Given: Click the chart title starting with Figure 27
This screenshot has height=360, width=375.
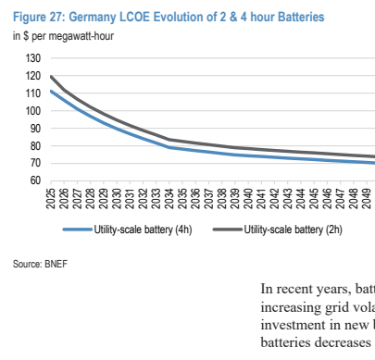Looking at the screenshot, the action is point(169,17).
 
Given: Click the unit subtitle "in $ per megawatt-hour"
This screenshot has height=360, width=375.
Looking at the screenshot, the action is point(63,36).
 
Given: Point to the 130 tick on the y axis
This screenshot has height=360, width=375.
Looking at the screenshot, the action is point(33,58).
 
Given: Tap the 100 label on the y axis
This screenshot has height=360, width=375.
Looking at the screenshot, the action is point(33,111).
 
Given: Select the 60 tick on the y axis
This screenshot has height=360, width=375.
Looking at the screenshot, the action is point(35,180).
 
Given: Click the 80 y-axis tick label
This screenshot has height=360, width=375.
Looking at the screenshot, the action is point(35,146).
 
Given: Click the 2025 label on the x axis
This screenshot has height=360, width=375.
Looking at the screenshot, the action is point(51,198).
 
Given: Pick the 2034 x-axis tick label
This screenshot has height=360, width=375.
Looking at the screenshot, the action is point(169,198).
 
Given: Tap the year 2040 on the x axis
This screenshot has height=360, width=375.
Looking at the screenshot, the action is point(248,198).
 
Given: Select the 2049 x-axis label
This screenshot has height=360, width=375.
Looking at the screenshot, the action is point(367,198).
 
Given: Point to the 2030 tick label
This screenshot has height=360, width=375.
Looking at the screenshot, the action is point(117,198).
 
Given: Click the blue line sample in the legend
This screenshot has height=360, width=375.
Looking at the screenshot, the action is point(78,230).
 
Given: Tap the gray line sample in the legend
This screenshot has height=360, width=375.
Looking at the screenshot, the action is point(228,230).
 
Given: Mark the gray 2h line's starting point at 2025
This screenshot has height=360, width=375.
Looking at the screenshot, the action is point(51,76).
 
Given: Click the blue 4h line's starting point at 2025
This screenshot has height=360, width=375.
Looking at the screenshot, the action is point(51,91).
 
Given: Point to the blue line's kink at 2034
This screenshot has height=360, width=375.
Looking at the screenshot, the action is point(169,147).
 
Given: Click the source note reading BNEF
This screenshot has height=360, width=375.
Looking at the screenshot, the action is point(40,265).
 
